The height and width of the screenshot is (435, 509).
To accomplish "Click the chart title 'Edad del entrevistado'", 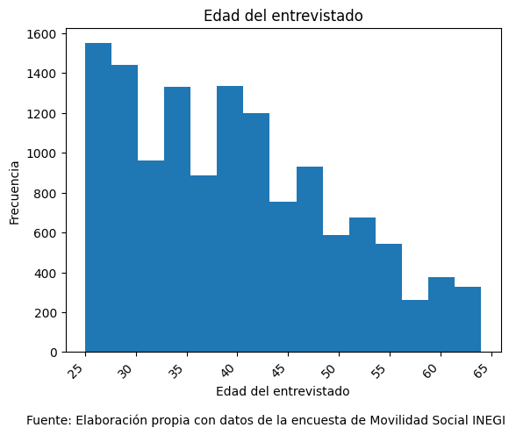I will (x=283, y=16).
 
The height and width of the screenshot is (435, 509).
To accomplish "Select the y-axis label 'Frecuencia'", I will (x=15, y=192).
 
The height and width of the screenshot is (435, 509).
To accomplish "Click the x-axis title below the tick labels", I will (x=283, y=391).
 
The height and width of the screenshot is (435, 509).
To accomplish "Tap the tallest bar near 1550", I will (x=98, y=197).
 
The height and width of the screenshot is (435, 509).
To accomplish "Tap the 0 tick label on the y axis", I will (x=54, y=353).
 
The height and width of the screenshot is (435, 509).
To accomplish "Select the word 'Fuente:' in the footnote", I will (x=48, y=420).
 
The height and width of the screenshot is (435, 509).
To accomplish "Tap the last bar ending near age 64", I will (x=468, y=319).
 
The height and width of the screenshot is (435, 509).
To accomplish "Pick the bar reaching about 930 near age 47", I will (x=310, y=260).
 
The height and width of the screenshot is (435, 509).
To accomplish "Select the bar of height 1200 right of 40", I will (x=256, y=232).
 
